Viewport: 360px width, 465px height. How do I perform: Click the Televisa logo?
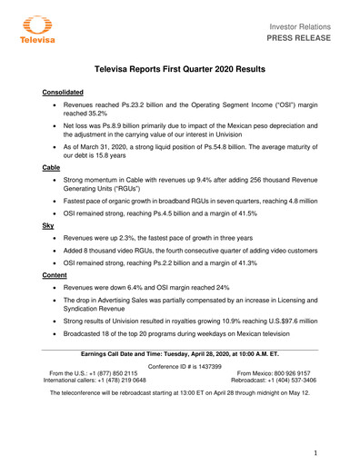(35, 32)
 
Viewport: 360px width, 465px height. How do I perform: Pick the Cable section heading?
(51, 169)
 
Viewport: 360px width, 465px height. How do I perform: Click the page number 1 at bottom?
(315, 452)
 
